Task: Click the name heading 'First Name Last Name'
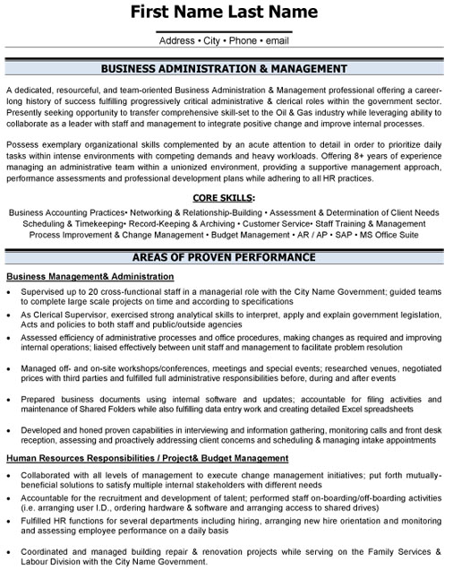coord(224,13)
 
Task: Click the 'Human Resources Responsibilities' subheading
coord(82,458)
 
